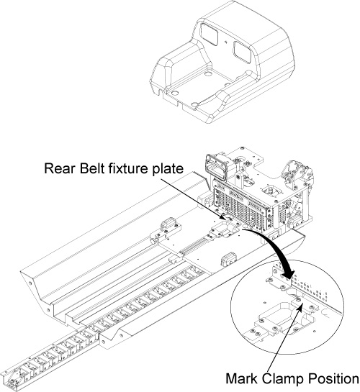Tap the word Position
pos(333,378)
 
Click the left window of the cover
pos(210,35)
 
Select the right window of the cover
pos(243,52)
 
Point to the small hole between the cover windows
pos(226,42)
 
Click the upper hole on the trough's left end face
pos(30,283)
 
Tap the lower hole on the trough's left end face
pos(48,311)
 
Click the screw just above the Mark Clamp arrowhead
pos(297,299)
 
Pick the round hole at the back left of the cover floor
pos(207,74)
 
